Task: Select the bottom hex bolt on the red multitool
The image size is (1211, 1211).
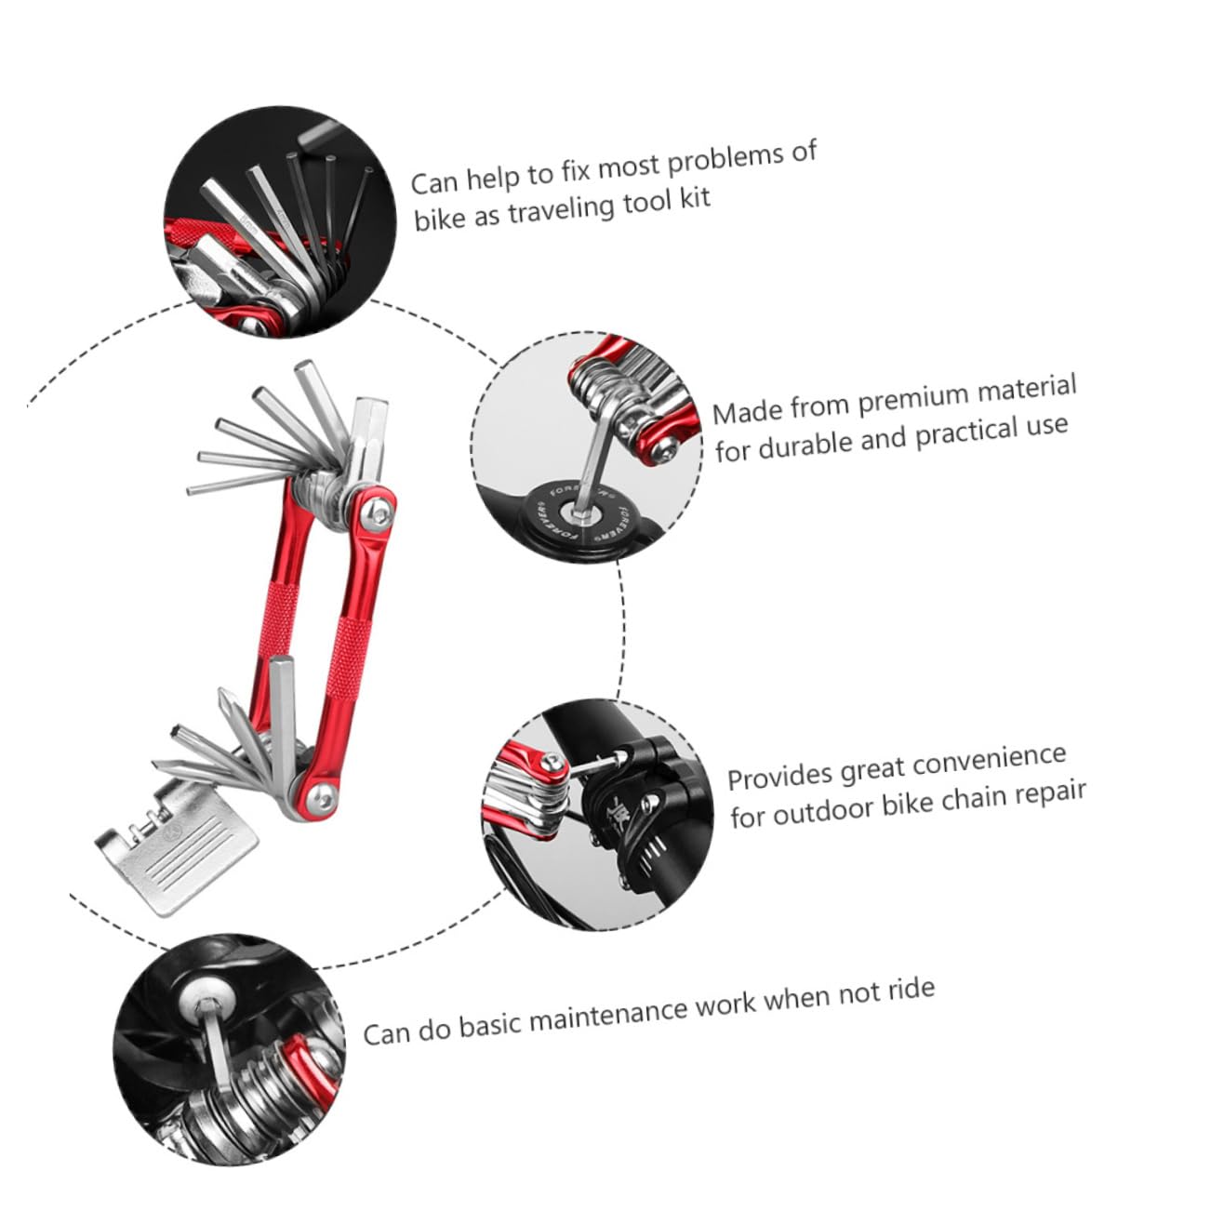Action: click(322, 795)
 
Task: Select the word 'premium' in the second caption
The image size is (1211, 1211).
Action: click(912, 399)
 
